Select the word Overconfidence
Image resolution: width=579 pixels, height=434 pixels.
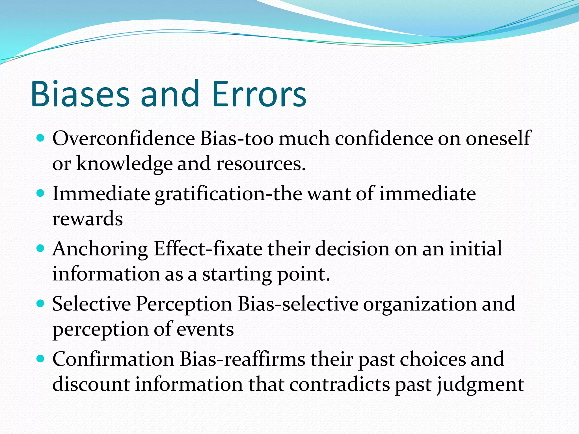(x=124, y=139)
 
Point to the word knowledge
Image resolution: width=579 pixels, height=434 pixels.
(x=124, y=164)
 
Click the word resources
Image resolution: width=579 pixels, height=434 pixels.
(x=261, y=164)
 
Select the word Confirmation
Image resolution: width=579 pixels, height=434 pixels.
(x=113, y=359)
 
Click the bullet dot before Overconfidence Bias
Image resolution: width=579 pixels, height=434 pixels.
(x=41, y=138)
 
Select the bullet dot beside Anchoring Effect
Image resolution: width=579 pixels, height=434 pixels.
(x=41, y=249)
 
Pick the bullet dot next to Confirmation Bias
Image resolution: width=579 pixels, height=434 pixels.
(x=41, y=359)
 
